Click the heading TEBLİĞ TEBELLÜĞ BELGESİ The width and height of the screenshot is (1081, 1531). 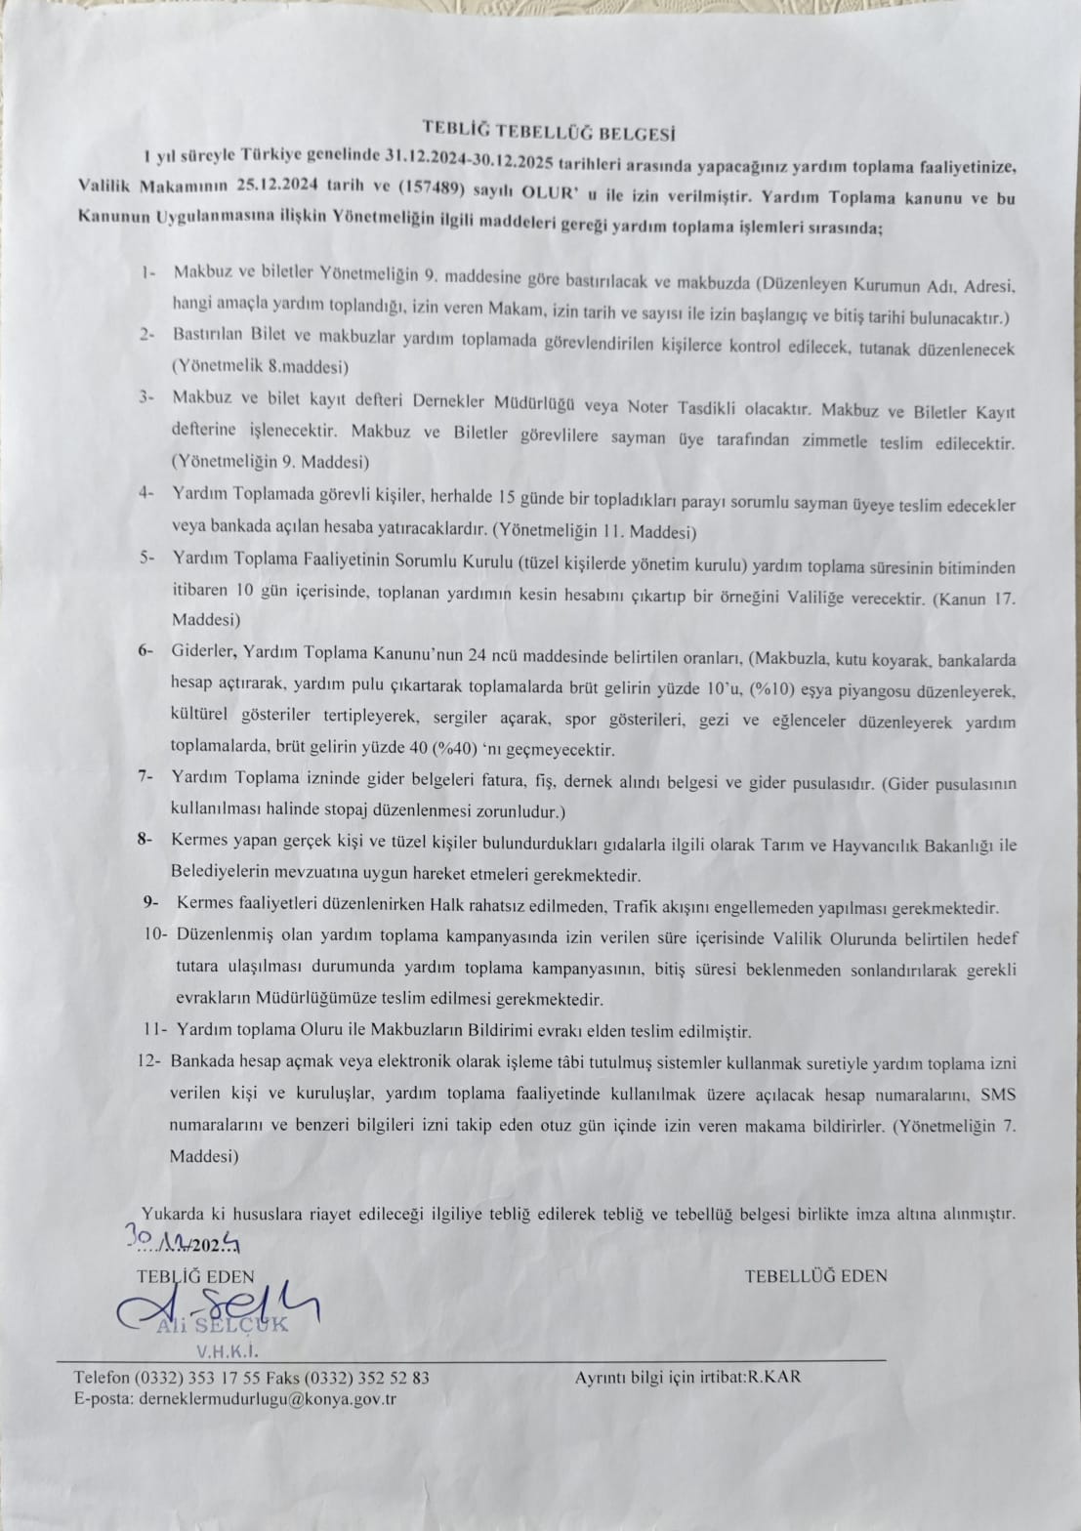click(548, 130)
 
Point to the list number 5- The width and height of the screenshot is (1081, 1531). click(147, 557)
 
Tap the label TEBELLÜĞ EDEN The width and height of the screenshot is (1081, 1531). click(815, 1275)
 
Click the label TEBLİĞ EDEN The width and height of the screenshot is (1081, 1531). click(195, 1276)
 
